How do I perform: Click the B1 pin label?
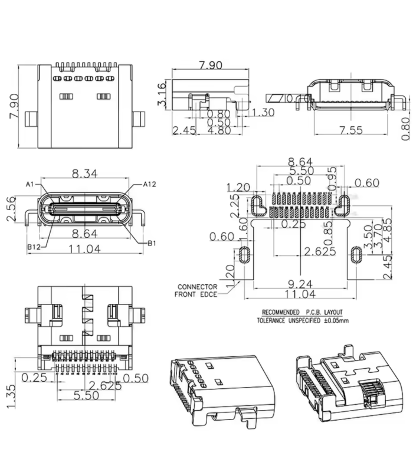[151, 242]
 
